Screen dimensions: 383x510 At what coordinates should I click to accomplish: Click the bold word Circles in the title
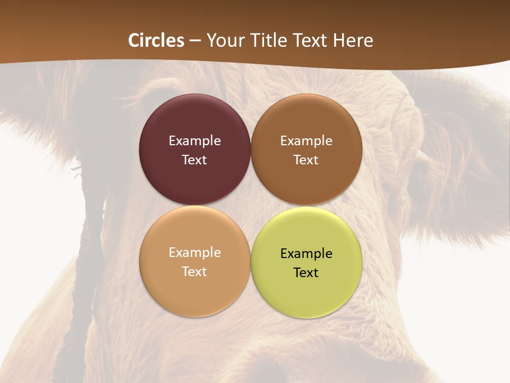coord(156,40)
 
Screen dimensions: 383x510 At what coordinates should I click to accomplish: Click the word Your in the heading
coord(225,40)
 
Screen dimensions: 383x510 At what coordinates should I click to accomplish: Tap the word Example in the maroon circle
coord(194,141)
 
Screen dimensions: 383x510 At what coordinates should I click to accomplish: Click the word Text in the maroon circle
coord(194,160)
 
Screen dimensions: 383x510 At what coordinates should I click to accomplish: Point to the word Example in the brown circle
coord(306,141)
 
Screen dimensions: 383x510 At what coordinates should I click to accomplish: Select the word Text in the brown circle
coord(306,160)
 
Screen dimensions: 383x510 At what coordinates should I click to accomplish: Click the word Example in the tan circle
coord(194,253)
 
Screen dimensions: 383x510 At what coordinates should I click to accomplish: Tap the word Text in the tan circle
coord(194,271)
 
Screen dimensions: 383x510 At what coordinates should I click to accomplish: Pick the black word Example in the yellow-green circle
coord(306,254)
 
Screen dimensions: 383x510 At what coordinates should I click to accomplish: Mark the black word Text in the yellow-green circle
coord(306,272)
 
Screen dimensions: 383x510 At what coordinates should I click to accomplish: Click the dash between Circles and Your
coord(195,40)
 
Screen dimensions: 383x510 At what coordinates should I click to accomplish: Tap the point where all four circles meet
coord(251,205)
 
